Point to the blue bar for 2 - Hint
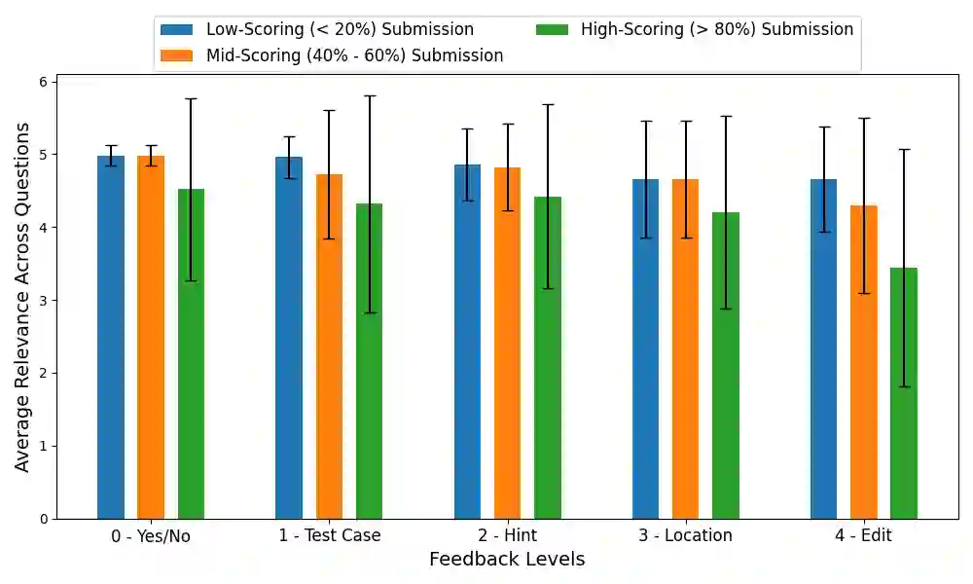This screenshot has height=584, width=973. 467,342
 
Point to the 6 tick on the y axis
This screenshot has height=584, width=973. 44,82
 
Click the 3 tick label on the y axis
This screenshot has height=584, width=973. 44,301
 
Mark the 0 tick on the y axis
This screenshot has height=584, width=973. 44,519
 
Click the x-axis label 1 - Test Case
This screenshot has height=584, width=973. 330,535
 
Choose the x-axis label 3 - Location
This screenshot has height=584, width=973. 685,535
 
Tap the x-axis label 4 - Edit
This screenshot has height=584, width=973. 864,535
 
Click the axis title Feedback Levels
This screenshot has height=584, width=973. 507,560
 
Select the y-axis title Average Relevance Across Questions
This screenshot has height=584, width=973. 22,297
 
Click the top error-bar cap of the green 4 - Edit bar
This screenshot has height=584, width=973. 904,149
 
